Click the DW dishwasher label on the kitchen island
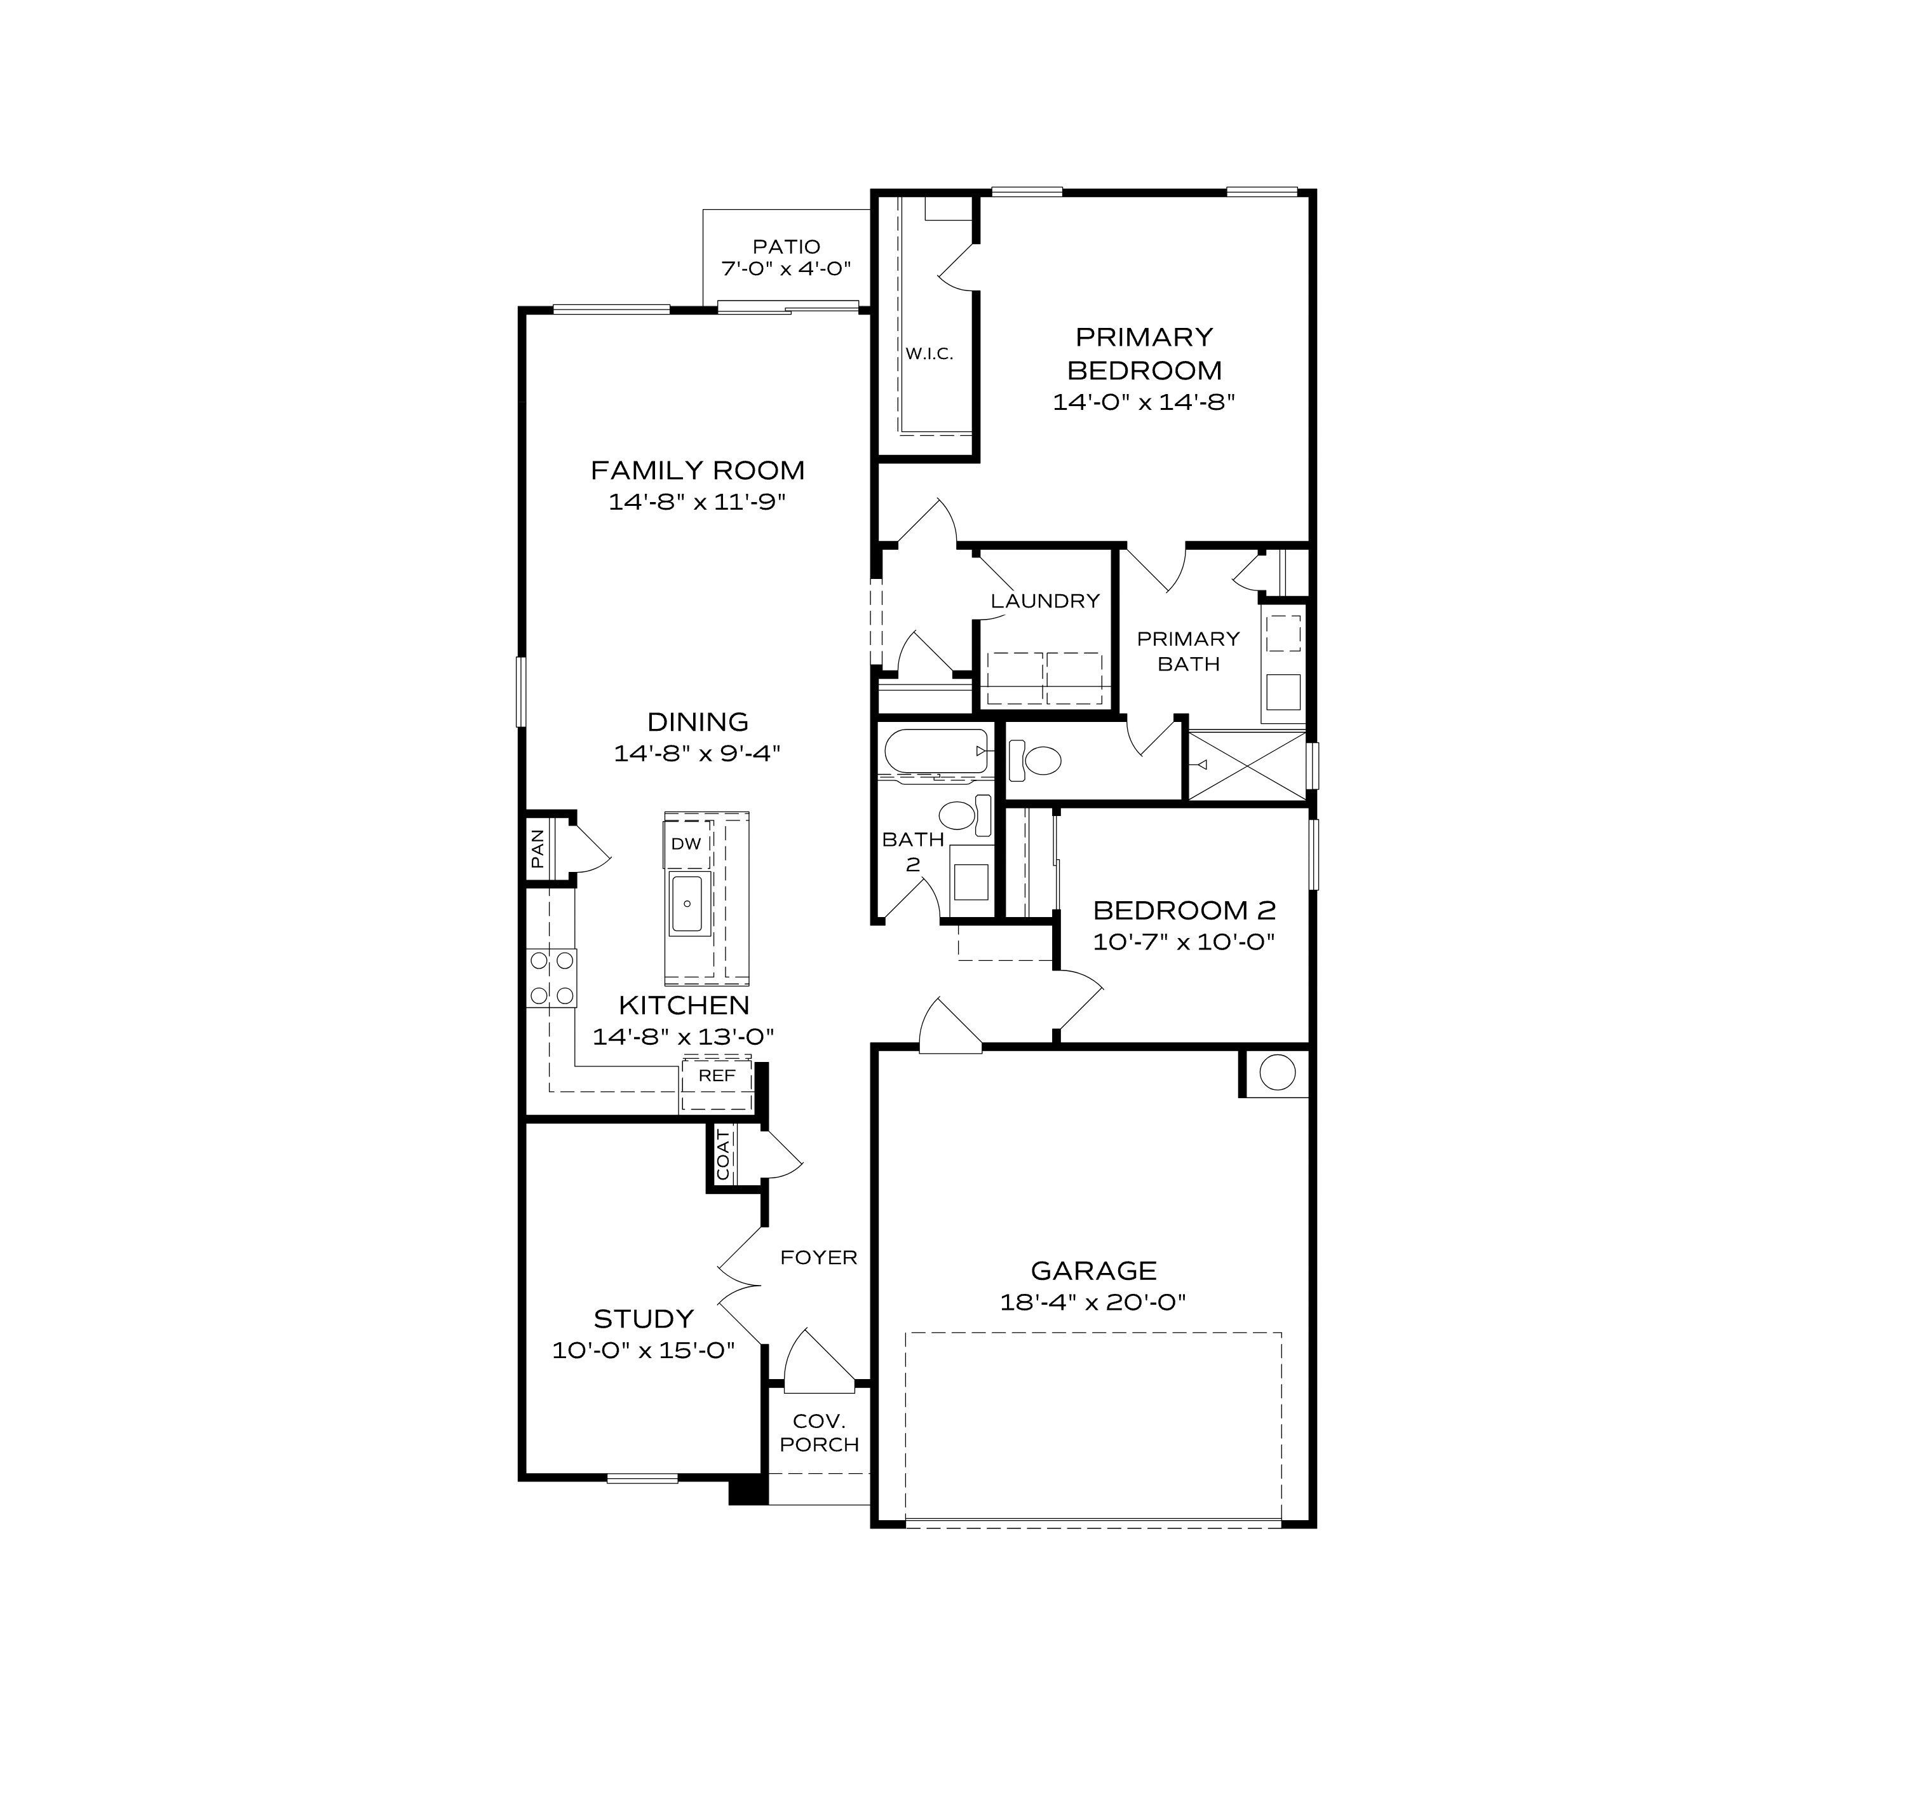686,844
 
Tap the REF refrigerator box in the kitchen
716,1076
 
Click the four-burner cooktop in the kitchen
552,978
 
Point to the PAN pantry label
538,848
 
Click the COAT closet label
723,1155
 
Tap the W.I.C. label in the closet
929,354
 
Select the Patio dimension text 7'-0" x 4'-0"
786,269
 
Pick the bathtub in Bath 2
935,750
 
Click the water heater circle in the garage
1277,1072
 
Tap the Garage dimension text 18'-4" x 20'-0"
1093,1302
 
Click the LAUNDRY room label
1045,601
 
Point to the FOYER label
819,1257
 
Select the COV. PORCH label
819,1432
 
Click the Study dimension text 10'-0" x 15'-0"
644,1350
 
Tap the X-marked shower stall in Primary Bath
1247,765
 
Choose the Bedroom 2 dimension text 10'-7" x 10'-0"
1184,942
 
